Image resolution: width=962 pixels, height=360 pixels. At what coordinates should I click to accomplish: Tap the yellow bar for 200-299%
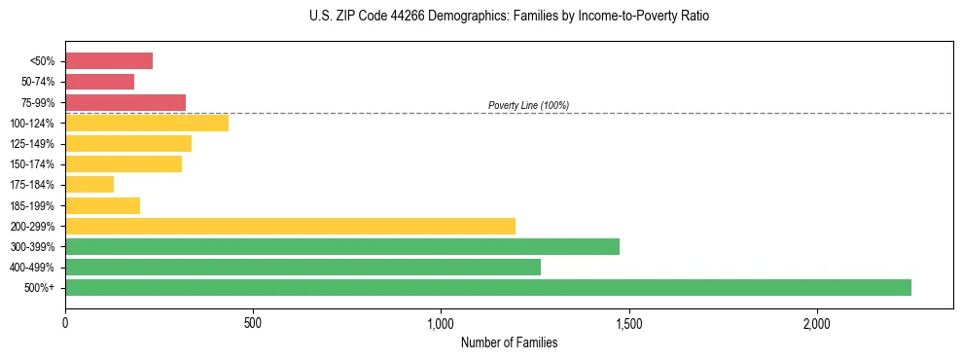pos(290,226)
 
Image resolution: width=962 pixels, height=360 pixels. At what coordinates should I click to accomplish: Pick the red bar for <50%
pos(109,60)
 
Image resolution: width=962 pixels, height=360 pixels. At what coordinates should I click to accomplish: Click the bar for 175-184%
pos(89,184)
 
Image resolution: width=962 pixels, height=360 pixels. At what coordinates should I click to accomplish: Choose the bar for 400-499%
pos(303,267)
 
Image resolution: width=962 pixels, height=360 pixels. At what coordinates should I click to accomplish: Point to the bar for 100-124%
pos(147,123)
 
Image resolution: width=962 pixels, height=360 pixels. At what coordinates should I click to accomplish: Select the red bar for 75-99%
pos(125,102)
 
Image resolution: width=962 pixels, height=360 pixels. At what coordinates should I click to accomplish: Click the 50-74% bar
pos(99,82)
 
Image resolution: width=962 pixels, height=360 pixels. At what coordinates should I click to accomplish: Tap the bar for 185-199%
pos(102,205)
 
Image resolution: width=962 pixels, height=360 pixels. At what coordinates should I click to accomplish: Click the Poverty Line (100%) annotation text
pos(528,105)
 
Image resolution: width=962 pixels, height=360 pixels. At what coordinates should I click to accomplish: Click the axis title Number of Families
pos(509,342)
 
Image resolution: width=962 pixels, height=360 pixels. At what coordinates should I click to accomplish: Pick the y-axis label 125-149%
pos(32,144)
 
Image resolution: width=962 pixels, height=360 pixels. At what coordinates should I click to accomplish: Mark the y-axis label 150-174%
pos(32,164)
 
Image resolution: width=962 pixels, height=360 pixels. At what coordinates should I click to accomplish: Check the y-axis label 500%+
pos(40,288)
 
